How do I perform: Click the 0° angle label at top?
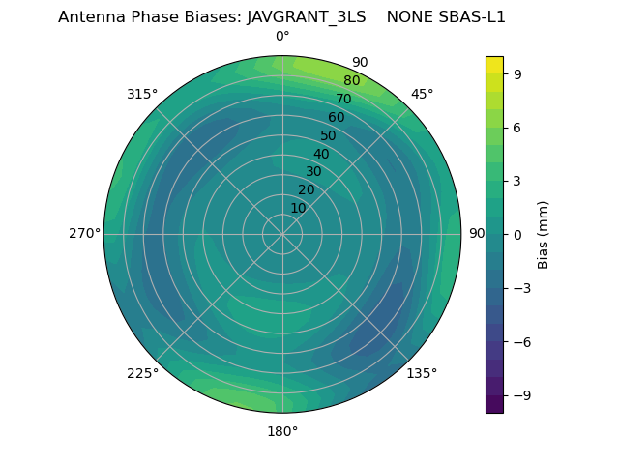282,37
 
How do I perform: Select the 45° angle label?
423,94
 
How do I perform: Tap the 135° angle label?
422,374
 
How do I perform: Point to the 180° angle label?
282,431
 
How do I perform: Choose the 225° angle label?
142,374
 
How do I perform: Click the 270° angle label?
84,234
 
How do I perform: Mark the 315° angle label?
142,94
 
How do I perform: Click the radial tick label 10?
299,208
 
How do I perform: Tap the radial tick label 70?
344,100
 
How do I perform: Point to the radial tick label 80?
352,81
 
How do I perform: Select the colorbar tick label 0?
517,234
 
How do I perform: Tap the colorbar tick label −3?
521,288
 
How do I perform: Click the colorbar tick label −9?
521,395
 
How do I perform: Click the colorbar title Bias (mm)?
544,234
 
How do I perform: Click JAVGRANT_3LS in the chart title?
307,17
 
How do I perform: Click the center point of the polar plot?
282,234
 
